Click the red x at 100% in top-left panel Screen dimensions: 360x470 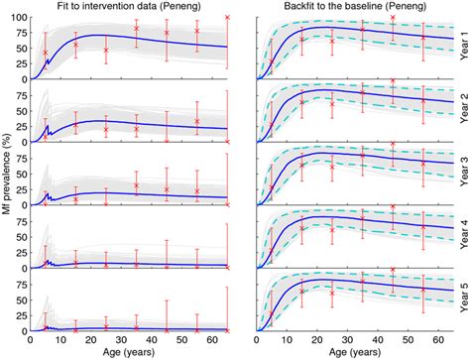(x=227, y=18)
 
